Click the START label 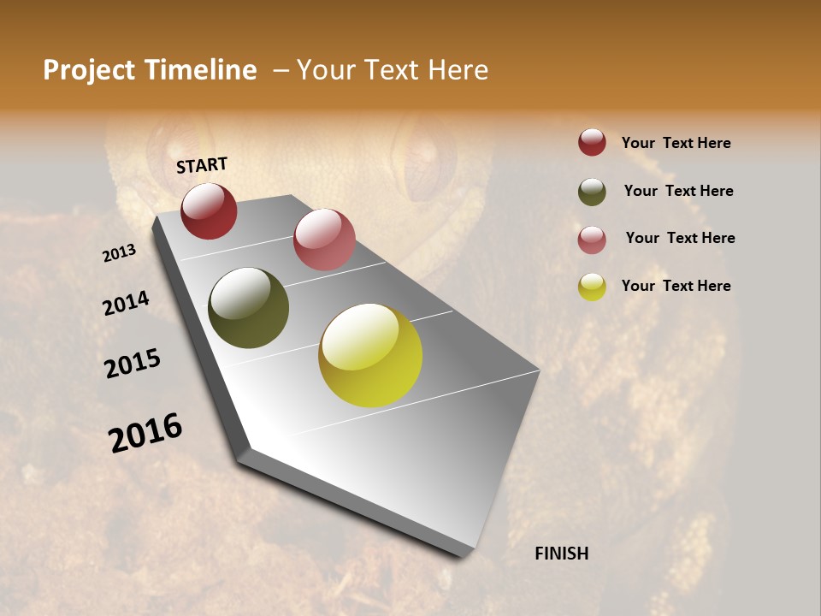click(202, 165)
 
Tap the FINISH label click(561, 554)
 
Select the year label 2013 click(120, 253)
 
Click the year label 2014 click(127, 304)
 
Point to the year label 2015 click(133, 364)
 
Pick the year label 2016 click(145, 432)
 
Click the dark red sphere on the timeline click(209, 210)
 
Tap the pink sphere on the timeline click(324, 240)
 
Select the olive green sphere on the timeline click(248, 308)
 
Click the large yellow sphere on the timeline click(370, 355)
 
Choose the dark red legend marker click(592, 143)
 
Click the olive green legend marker click(592, 192)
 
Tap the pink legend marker click(592, 239)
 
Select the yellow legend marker click(592, 287)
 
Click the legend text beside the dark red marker click(676, 144)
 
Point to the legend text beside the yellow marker click(676, 286)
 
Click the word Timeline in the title click(201, 70)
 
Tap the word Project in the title click(88, 70)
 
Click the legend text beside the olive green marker click(678, 191)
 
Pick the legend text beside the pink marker click(680, 238)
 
